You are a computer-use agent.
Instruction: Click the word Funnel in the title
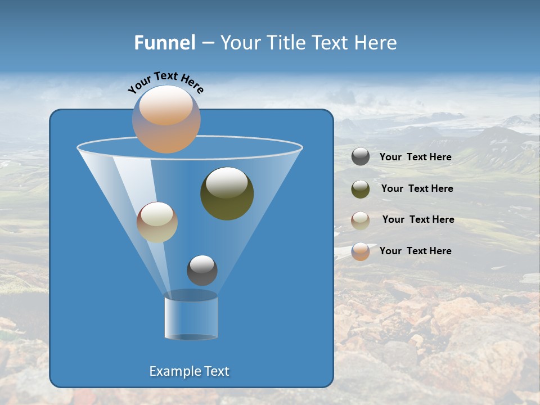pyautogui.click(x=164, y=43)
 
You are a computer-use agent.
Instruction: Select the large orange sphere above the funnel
pyautogui.click(x=166, y=119)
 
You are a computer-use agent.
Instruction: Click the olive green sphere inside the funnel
pyautogui.click(x=227, y=193)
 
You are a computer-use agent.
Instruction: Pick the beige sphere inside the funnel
pyautogui.click(x=157, y=222)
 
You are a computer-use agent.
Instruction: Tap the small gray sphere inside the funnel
pyautogui.click(x=202, y=270)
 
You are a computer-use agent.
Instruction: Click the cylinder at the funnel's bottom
pyautogui.click(x=191, y=318)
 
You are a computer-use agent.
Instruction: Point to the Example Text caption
pyautogui.click(x=189, y=371)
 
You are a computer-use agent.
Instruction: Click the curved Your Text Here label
pyautogui.click(x=165, y=82)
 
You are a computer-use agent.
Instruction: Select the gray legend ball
pyautogui.click(x=361, y=157)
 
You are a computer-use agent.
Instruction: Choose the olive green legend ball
pyautogui.click(x=361, y=189)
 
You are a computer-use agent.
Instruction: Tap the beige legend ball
pyautogui.click(x=361, y=220)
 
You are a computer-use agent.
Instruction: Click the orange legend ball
pyautogui.click(x=361, y=251)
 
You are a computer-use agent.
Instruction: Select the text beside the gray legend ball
pyautogui.click(x=415, y=157)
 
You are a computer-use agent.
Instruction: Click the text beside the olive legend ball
pyautogui.click(x=417, y=189)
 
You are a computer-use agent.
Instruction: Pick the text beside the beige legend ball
pyautogui.click(x=418, y=220)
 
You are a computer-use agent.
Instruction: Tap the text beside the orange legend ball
pyautogui.click(x=415, y=251)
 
